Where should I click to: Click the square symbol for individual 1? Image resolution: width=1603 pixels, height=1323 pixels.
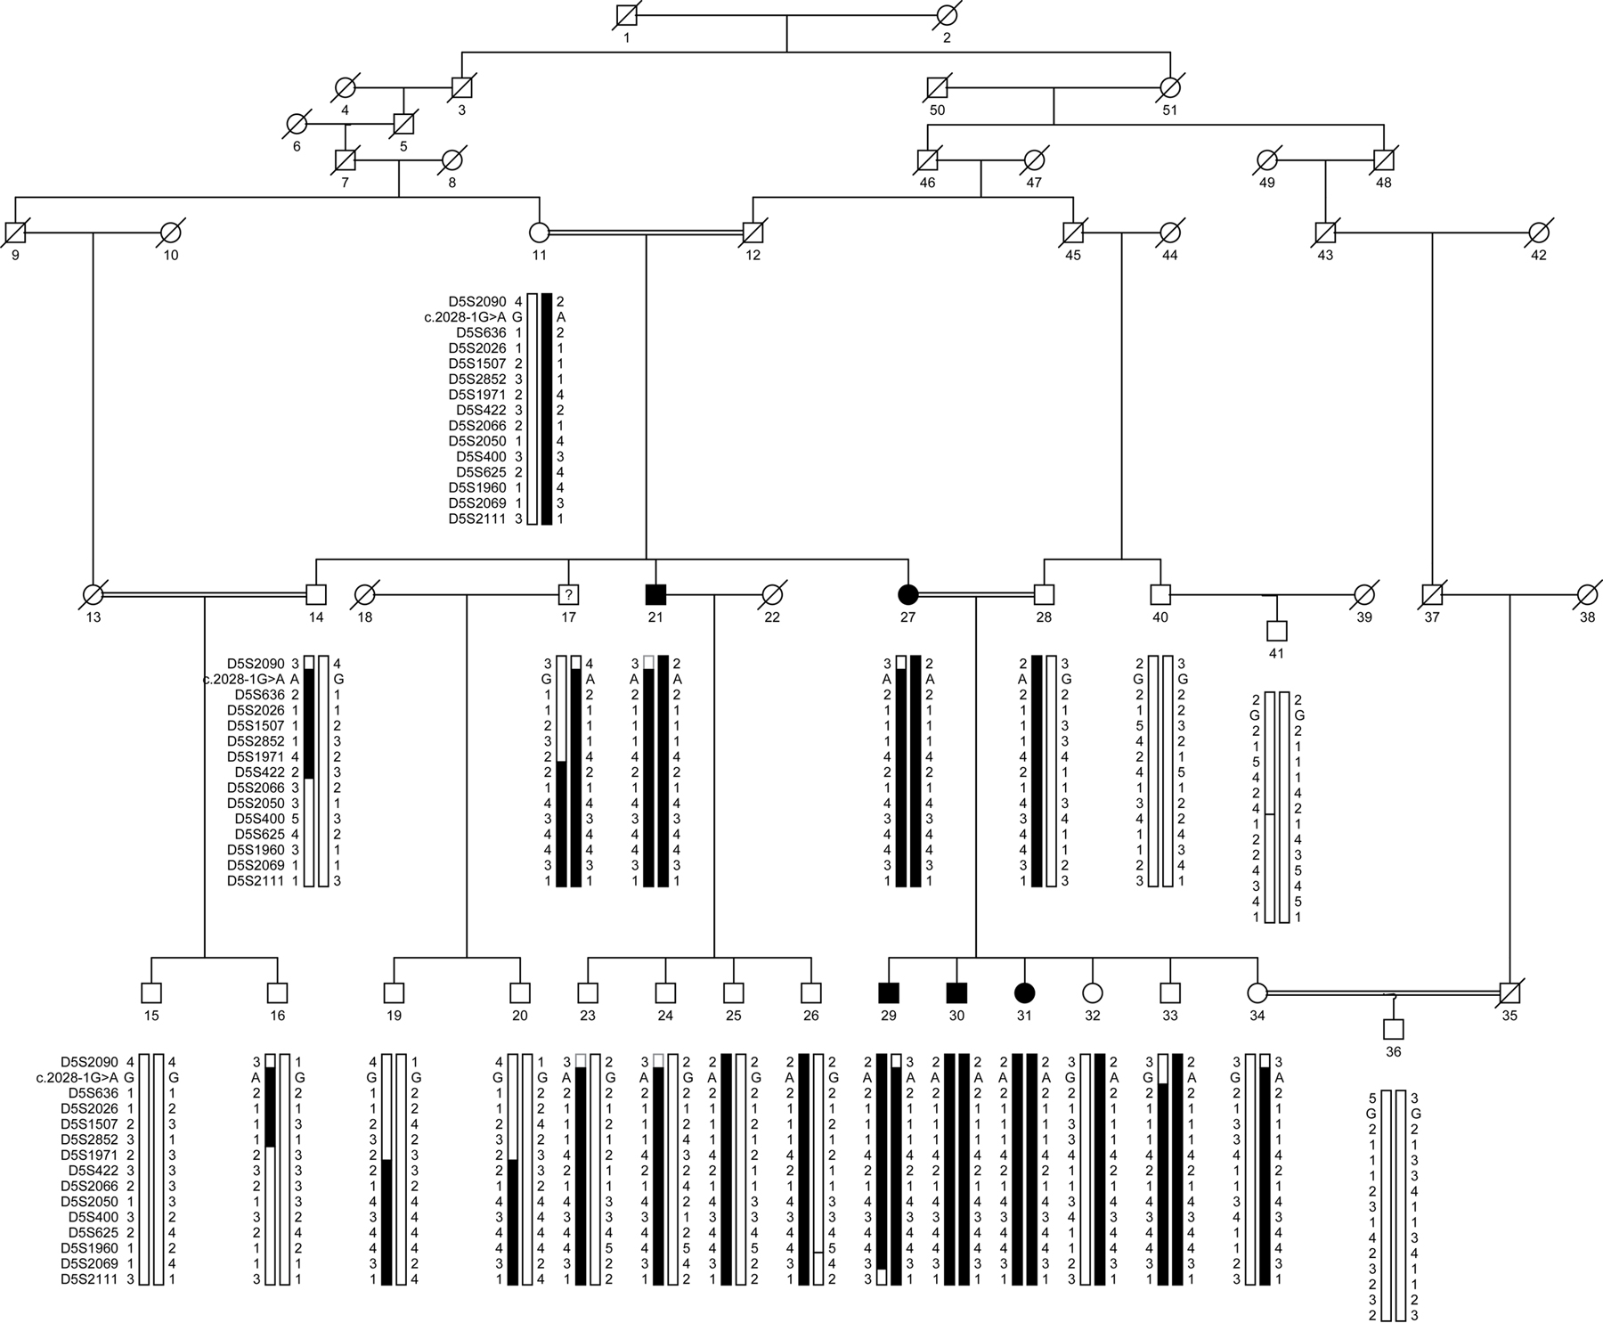click(627, 15)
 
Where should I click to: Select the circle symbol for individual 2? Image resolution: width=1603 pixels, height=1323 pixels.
click(946, 15)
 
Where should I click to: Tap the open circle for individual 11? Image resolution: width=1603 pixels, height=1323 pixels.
click(539, 232)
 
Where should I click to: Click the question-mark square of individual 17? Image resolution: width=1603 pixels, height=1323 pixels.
click(568, 593)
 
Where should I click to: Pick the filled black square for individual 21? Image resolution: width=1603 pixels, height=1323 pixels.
click(655, 593)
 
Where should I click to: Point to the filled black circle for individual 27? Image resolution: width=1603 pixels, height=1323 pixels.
click(907, 593)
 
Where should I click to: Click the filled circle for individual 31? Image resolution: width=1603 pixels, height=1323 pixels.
click(1024, 992)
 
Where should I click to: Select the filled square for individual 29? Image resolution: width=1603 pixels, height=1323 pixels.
click(888, 992)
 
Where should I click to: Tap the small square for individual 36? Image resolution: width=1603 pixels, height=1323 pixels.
click(1394, 1029)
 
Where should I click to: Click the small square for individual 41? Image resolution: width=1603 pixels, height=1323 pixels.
click(1277, 631)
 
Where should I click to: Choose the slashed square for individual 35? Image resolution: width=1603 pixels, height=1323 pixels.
click(1509, 992)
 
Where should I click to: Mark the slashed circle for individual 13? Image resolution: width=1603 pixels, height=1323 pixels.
click(93, 593)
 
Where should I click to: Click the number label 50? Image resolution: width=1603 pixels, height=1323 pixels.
click(937, 110)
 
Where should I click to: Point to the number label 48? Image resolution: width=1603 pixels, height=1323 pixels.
click(1383, 183)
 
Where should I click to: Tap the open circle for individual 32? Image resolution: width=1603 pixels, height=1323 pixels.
click(1093, 992)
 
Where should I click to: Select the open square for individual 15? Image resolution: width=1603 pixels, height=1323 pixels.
click(151, 992)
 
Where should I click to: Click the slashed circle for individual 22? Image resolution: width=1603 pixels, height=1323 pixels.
click(772, 593)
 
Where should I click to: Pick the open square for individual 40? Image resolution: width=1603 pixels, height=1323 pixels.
click(1160, 593)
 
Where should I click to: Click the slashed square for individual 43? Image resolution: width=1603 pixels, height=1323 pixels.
click(1325, 232)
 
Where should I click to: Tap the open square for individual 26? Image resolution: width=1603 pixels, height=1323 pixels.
click(810, 992)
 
